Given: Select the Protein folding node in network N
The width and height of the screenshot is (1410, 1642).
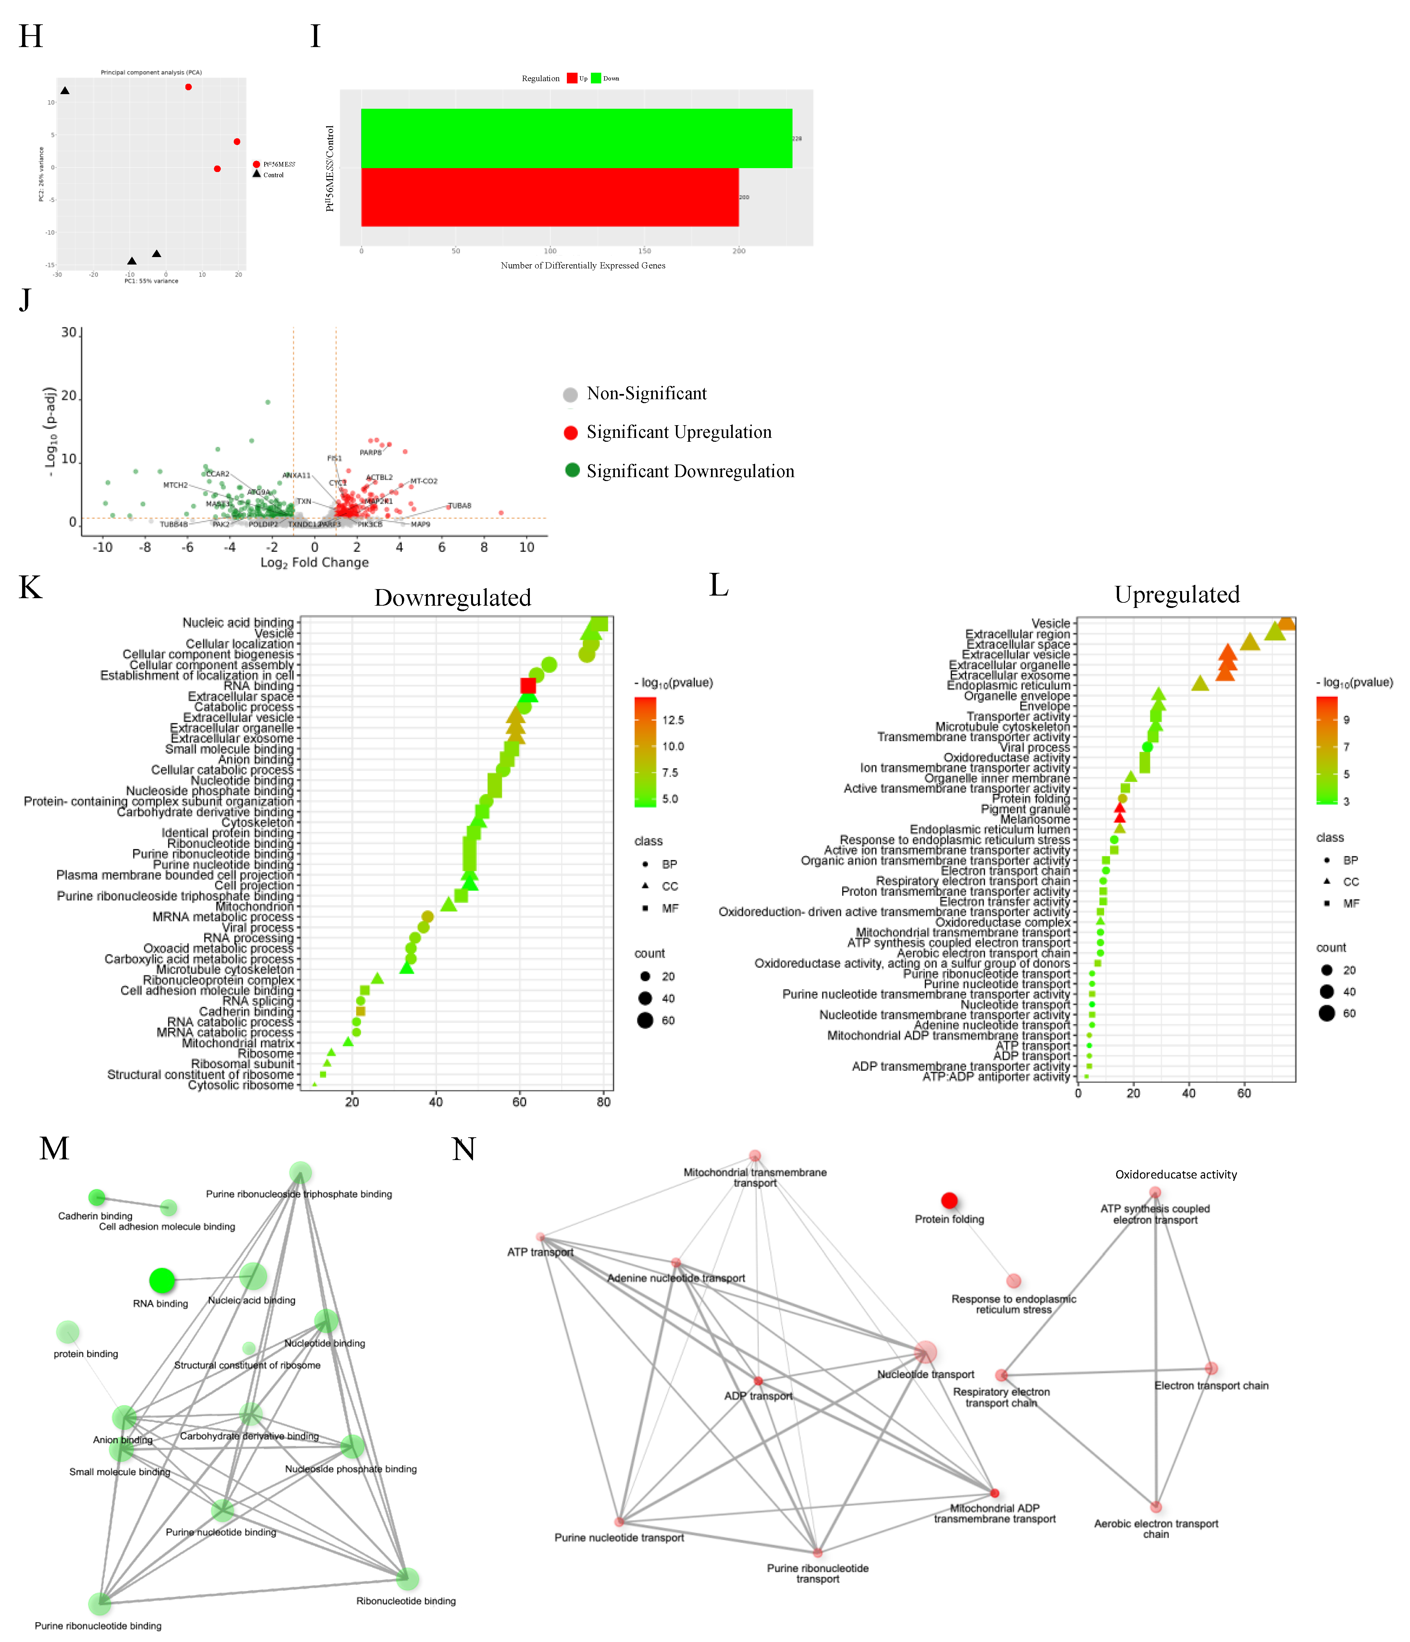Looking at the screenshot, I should (x=949, y=1201).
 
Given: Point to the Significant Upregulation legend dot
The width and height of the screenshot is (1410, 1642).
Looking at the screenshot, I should (x=571, y=433).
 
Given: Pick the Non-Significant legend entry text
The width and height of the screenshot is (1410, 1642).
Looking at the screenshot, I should (x=646, y=394).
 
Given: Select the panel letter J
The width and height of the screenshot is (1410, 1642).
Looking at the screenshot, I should (x=25, y=300).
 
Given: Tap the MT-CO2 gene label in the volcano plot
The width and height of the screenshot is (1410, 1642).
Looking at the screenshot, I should (x=424, y=481).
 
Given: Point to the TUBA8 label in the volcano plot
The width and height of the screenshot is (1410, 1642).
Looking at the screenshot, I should (x=460, y=506).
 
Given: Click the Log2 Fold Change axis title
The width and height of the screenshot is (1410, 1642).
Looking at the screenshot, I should (x=315, y=563).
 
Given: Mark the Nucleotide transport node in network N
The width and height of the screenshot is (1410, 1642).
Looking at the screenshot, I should (x=925, y=1353).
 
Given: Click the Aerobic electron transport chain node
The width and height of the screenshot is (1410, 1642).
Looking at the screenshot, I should (x=1155, y=1506).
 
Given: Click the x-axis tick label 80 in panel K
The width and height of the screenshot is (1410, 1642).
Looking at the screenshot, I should (x=603, y=1102).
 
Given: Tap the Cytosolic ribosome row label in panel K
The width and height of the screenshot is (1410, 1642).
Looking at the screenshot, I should (x=241, y=1085).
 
